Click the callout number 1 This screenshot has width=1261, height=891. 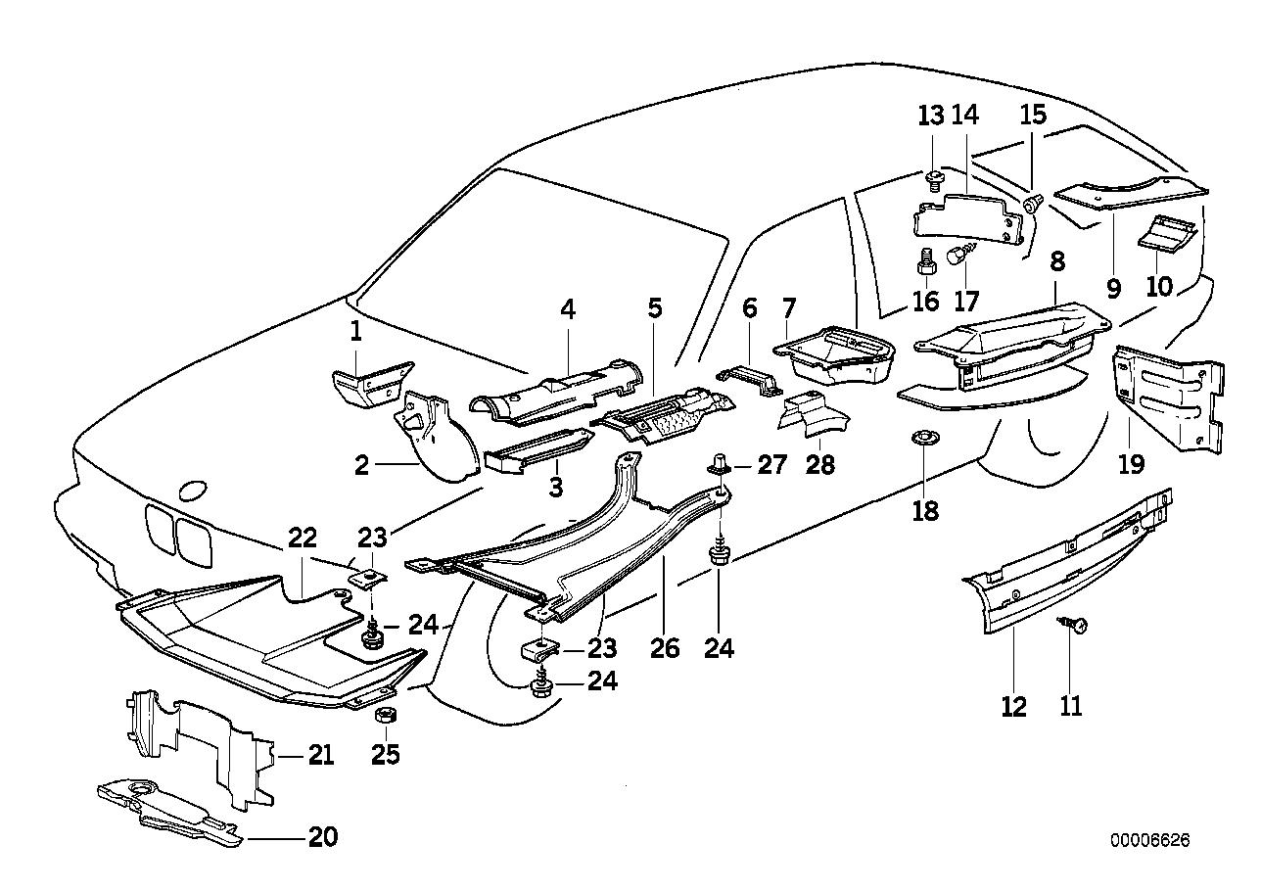click(356, 333)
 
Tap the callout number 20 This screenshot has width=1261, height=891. click(322, 837)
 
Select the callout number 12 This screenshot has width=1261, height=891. click(1014, 705)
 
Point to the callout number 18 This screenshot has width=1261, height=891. click(925, 510)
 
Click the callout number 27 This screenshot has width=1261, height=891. click(771, 464)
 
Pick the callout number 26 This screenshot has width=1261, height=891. click(665, 648)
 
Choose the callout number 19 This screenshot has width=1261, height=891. click(1131, 464)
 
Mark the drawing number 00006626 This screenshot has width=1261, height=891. click(1150, 841)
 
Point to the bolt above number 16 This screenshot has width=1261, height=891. click(925, 261)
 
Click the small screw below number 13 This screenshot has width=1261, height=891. click(934, 178)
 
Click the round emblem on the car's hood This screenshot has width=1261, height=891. click(192, 492)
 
